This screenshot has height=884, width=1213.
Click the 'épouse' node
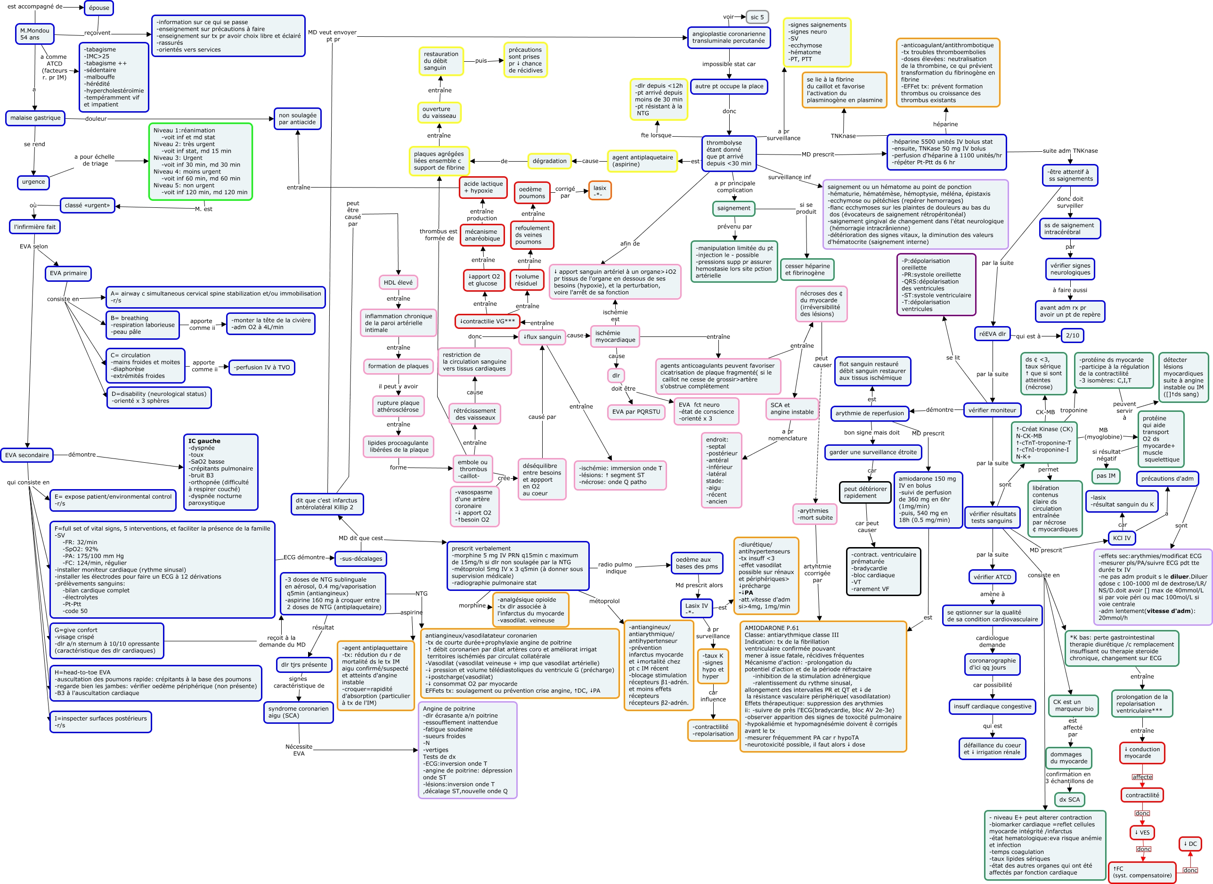coord(99,8)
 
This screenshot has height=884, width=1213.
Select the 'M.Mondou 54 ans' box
coord(35,34)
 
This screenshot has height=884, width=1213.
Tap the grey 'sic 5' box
coord(757,17)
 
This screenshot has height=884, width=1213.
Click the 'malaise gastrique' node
coord(35,118)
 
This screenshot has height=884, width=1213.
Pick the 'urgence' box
coord(33,182)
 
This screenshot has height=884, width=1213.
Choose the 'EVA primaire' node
coord(68,273)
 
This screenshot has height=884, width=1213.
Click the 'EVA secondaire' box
coord(27,455)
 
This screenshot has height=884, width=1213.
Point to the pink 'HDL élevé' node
coord(398,283)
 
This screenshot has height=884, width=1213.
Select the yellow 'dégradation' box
coord(549,161)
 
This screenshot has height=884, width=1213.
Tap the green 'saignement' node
coord(733,208)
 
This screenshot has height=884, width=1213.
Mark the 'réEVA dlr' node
coord(992,334)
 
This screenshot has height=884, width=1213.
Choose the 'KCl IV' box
coord(1122,538)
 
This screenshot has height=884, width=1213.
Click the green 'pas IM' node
coord(1106,476)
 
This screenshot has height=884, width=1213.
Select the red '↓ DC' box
coord(1190,844)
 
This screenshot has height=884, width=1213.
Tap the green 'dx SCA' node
coord(1069,800)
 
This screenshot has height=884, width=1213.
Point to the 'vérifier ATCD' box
coord(992,577)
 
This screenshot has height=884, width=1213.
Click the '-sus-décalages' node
coord(360,559)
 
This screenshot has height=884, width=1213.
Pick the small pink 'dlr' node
coord(616,376)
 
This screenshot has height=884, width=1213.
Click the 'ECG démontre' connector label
coord(304,557)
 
